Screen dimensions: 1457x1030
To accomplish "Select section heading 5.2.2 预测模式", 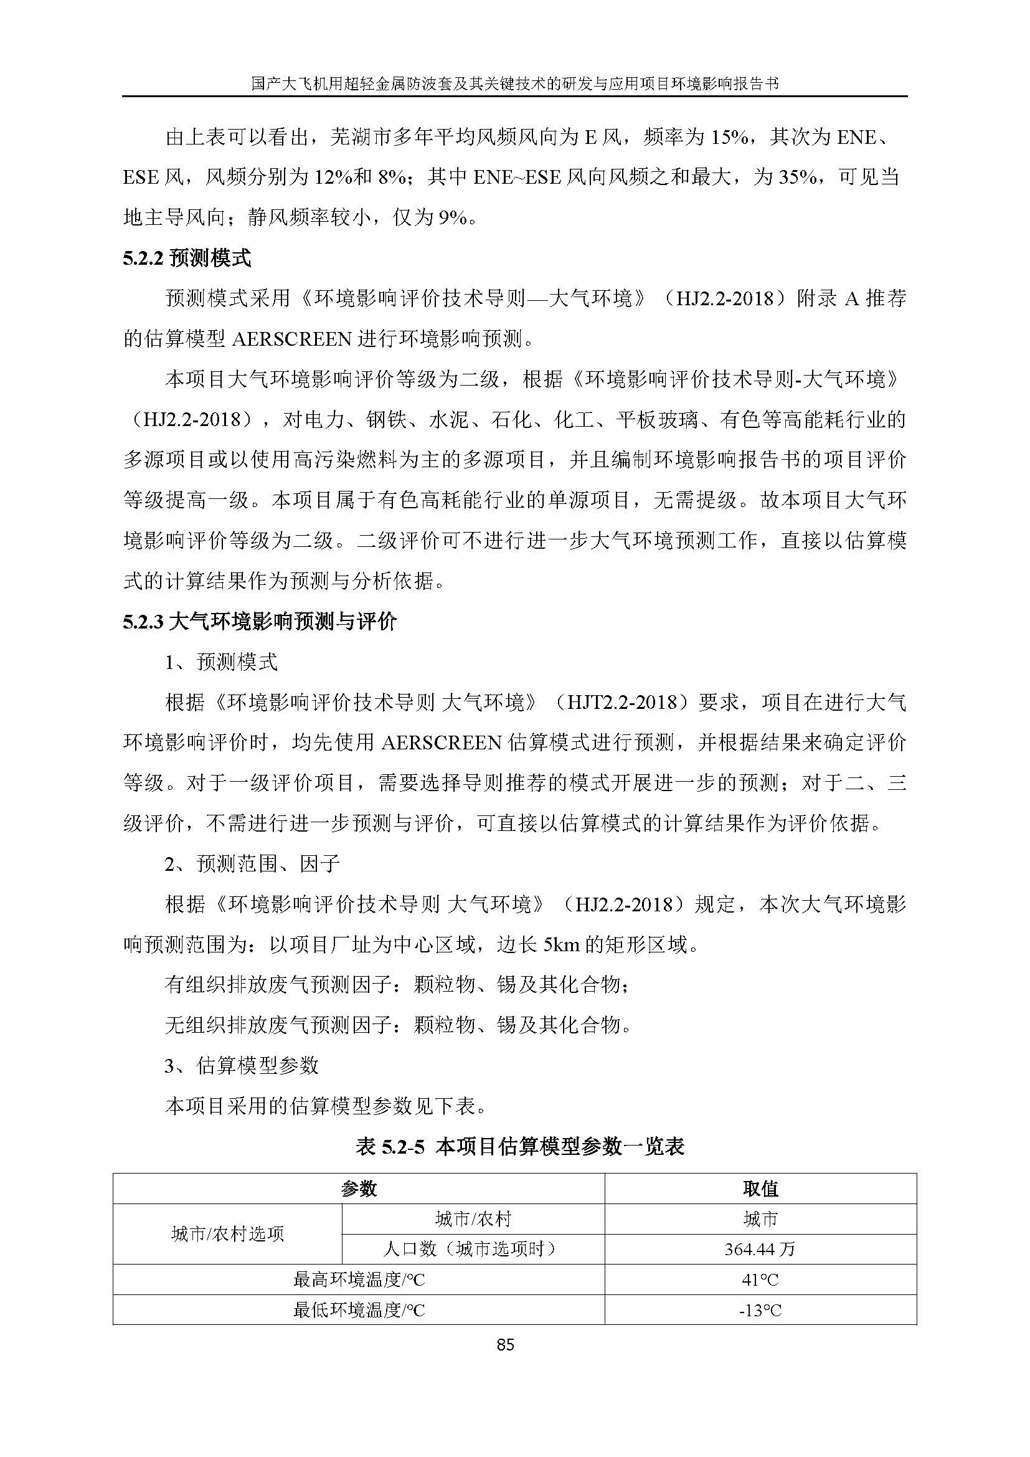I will pyautogui.click(x=187, y=259).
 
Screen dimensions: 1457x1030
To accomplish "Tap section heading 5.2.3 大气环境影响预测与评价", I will pyautogui.click(x=260, y=622).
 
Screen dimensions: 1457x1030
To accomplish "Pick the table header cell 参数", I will pyautogui.click(x=358, y=1189).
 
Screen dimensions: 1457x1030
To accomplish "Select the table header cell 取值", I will pyautogui.click(x=760, y=1189).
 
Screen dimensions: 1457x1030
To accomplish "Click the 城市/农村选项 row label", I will pyautogui.click(x=227, y=1234).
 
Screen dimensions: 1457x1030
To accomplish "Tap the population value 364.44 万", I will pyautogui.click(x=760, y=1250).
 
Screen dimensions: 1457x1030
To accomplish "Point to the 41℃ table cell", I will pyautogui.click(x=760, y=1280).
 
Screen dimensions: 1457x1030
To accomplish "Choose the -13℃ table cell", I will pyautogui.click(x=760, y=1310).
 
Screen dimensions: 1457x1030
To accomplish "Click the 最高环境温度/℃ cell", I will pyautogui.click(x=358, y=1280).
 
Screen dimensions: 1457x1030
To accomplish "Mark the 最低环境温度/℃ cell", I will pyautogui.click(x=358, y=1310).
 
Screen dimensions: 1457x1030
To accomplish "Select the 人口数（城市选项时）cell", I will pyautogui.click(x=473, y=1250).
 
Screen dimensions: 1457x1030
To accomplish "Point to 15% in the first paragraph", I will pyautogui.click(x=728, y=137).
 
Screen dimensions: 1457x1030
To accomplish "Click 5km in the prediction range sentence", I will pyautogui.click(x=561, y=945).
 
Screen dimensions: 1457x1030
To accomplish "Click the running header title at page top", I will pyautogui.click(x=514, y=84).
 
